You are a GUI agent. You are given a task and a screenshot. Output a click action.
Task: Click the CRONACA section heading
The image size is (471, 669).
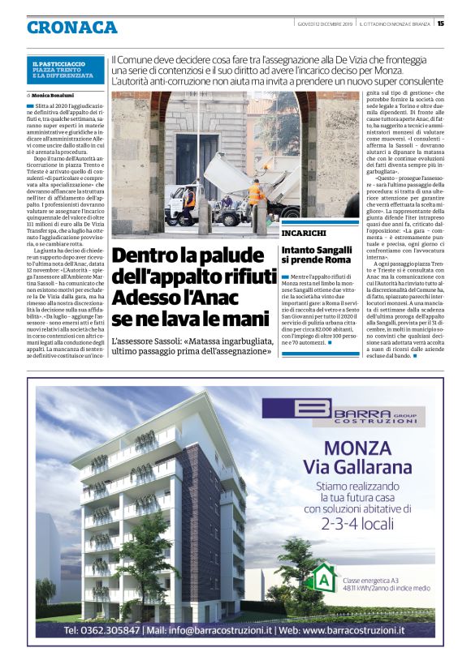click(x=71, y=27)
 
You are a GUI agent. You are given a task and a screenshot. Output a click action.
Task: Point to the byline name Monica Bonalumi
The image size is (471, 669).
click(x=58, y=95)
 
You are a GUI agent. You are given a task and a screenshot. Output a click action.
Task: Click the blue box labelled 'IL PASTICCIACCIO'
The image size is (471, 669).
click(x=65, y=68)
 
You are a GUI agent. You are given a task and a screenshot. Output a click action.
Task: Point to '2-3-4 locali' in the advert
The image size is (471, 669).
click(x=348, y=525)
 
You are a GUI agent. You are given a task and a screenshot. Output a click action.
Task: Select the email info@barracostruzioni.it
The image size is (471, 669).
click(x=211, y=629)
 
